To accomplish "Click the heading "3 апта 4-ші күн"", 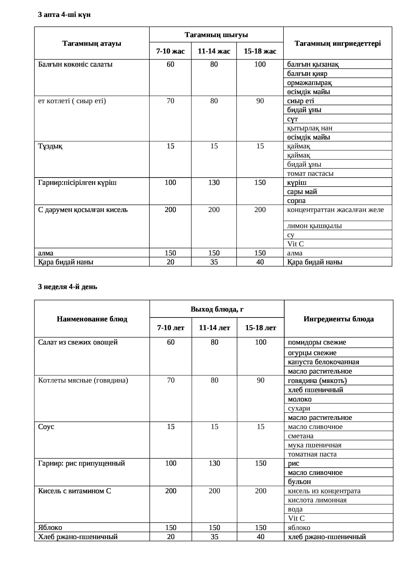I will tap(64, 15).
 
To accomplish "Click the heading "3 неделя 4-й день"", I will tap(68, 287).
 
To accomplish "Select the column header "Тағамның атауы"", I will tap(92, 43).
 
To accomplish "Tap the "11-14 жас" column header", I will tap(214, 51).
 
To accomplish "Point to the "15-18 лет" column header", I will tap(260, 328).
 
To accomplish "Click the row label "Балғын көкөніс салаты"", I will tap(75, 64).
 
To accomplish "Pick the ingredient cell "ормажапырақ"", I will tap(309, 83).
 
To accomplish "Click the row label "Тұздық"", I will tap(50, 146).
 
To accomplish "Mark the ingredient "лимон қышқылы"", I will tap(314, 226).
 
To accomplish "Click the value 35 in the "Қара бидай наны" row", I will tap(214, 262).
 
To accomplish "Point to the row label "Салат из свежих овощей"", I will tap(78, 342).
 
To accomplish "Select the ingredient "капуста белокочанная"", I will tap(323, 362).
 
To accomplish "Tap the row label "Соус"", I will tap(46, 427).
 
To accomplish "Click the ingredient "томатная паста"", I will tap(312, 454).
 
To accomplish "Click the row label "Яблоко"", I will tap(50, 528).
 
